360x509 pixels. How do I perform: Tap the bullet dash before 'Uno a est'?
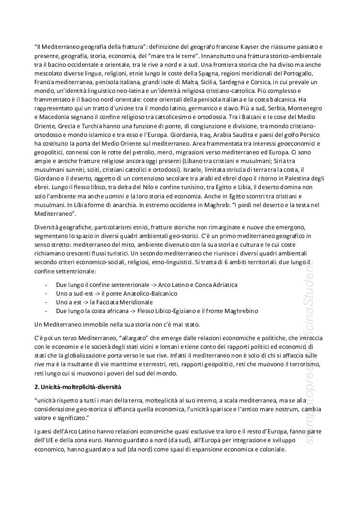coord(45,302)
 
